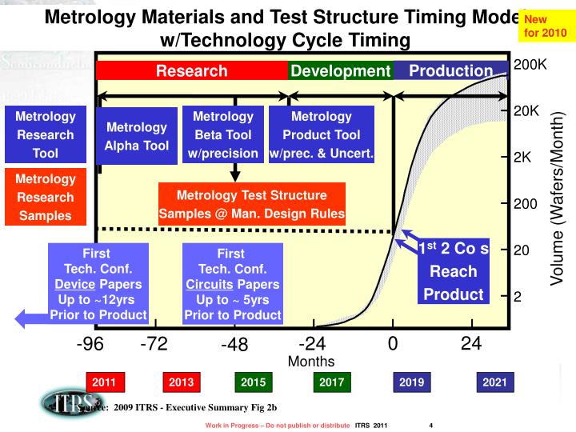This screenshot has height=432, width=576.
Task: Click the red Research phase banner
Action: click(x=191, y=71)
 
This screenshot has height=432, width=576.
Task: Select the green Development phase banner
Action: click(x=340, y=71)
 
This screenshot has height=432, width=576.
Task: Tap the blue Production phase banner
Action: click(x=450, y=71)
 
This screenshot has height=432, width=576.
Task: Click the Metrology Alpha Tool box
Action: click(x=137, y=137)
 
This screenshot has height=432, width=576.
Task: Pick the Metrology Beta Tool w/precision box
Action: click(x=223, y=135)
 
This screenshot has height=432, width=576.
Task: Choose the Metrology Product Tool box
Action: click(x=322, y=135)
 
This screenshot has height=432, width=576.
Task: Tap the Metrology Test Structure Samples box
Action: click(x=251, y=204)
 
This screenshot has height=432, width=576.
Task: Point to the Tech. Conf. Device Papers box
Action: click(x=98, y=283)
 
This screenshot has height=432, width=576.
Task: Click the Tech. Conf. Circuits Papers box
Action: click(x=232, y=283)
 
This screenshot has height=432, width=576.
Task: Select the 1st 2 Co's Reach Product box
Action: click(x=454, y=271)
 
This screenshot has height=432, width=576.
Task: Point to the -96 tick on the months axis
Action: click(x=91, y=345)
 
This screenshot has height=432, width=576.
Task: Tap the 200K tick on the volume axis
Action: click(x=530, y=64)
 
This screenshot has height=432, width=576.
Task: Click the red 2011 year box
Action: click(x=104, y=382)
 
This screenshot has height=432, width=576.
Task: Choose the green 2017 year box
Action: click(x=331, y=382)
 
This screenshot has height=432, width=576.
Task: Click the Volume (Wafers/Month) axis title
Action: click(x=557, y=198)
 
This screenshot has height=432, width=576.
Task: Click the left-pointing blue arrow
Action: click(x=30, y=318)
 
